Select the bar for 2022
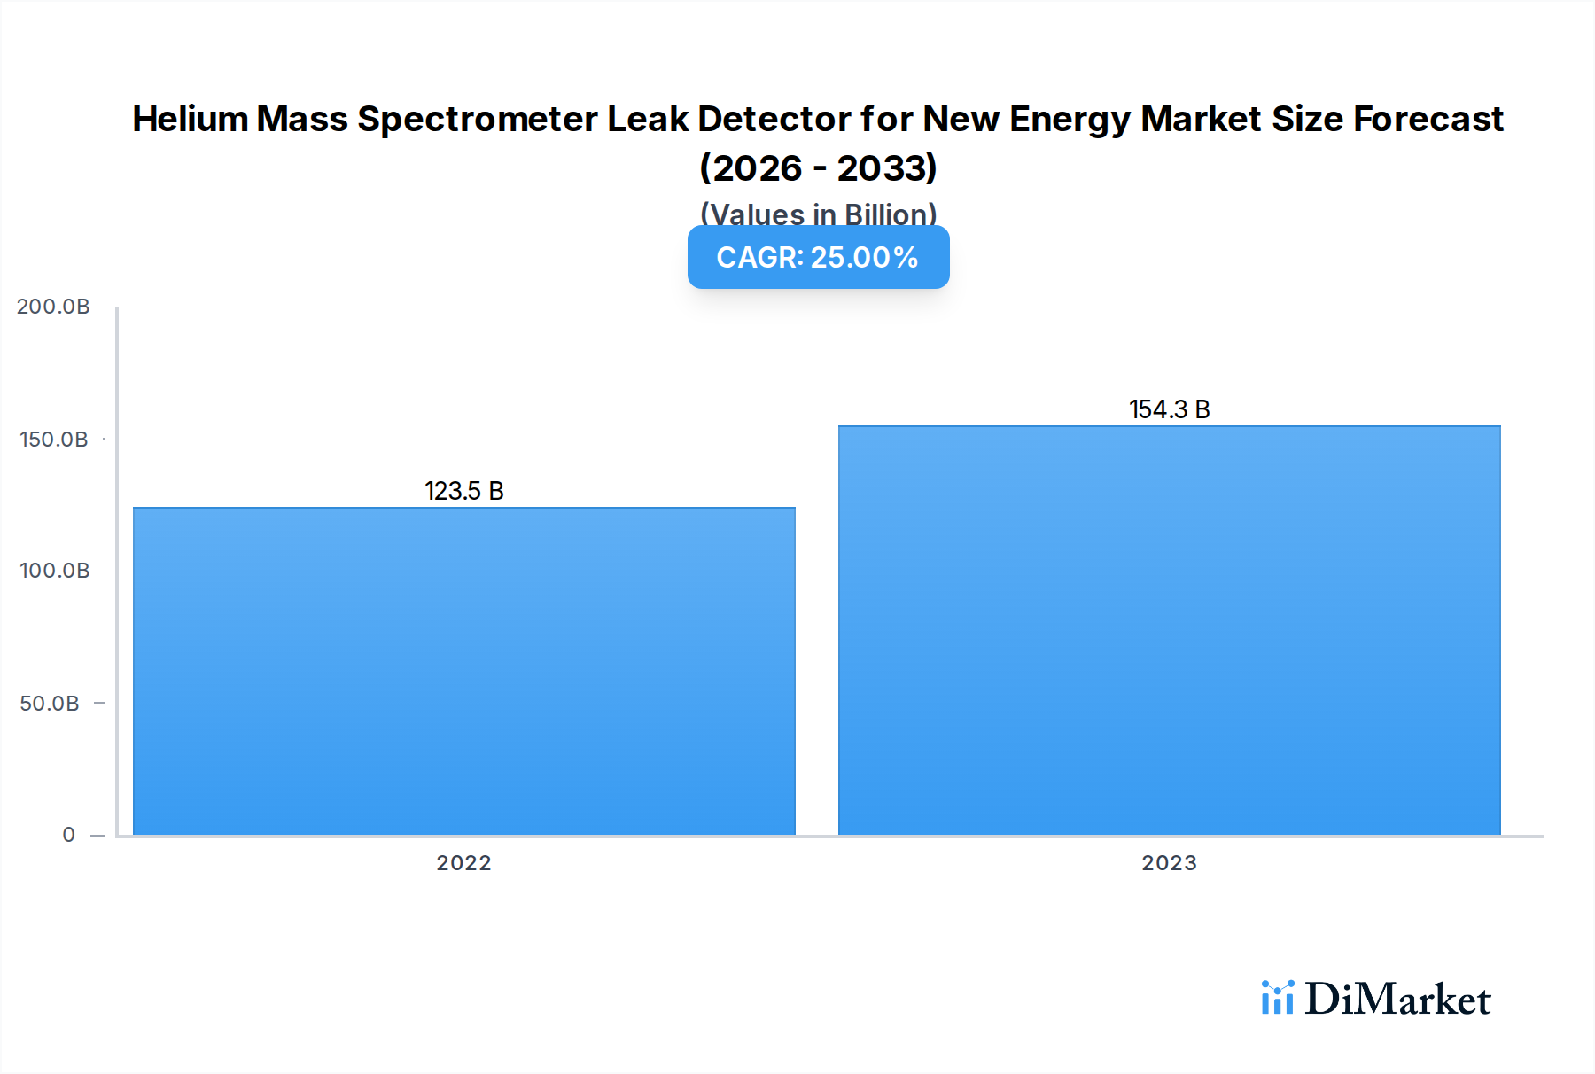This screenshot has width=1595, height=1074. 463,671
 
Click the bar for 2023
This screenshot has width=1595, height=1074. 1169,630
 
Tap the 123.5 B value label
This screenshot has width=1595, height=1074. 463,491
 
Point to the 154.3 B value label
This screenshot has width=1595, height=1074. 1169,409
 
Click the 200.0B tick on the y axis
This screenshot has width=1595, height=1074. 53,307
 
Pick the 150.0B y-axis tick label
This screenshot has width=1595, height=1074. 53,440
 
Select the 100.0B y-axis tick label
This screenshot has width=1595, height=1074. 53,571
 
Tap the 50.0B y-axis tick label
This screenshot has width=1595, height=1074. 50,704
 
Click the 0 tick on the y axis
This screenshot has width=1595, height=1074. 68,835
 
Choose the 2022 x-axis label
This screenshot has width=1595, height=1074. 463,863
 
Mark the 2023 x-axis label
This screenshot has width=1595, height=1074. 1169,863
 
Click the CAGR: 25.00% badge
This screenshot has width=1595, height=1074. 818,257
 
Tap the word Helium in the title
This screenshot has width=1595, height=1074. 190,119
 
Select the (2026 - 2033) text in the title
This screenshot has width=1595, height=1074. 818,167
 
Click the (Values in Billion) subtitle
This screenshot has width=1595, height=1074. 818,213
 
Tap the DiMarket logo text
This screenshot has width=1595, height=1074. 1397,1000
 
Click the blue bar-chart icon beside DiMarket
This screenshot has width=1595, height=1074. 1277,998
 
